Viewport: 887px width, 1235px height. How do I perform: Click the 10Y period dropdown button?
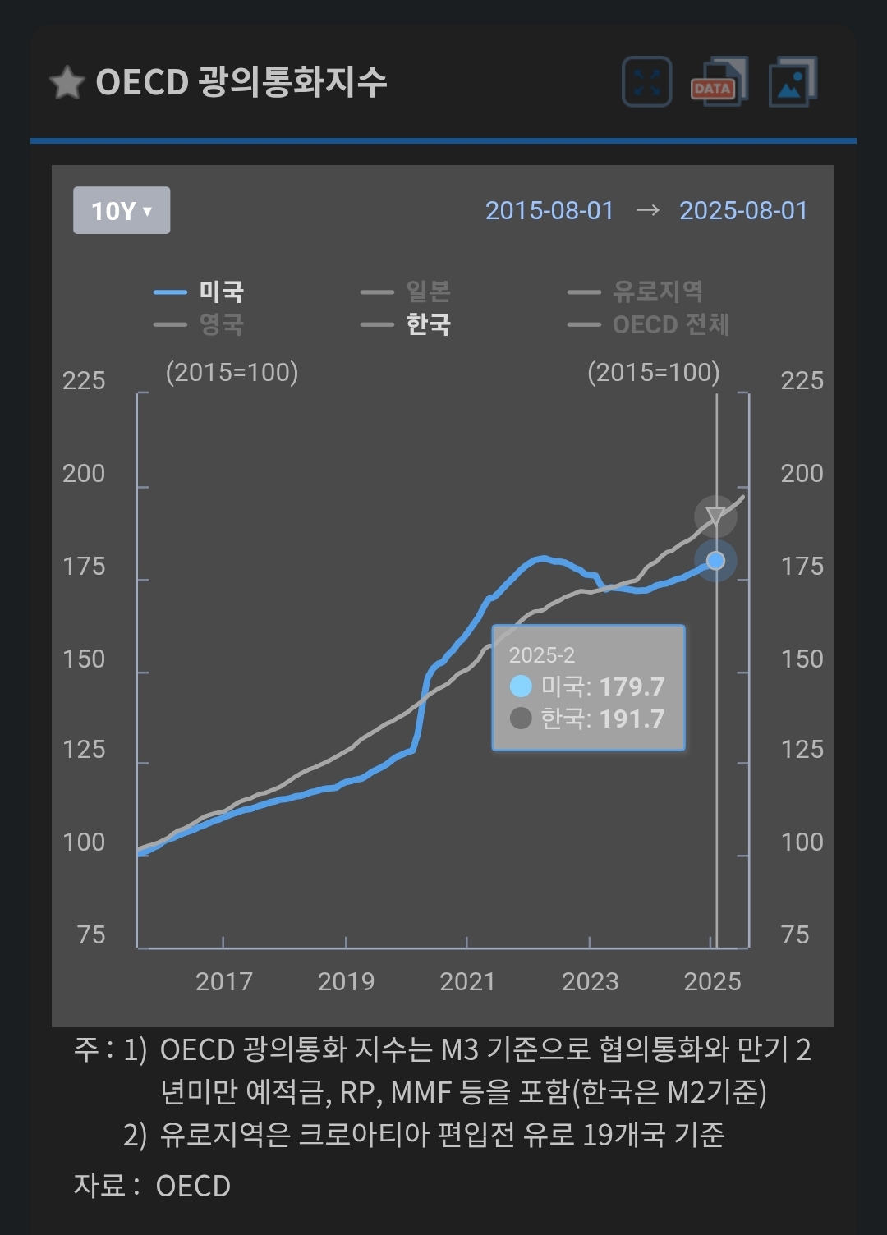[122, 211]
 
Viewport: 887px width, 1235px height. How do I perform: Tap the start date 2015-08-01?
[549, 211]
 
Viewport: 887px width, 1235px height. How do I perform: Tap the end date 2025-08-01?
[743, 211]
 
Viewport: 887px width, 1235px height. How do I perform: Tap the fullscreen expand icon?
[647, 82]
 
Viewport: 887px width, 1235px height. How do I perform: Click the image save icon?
[792, 82]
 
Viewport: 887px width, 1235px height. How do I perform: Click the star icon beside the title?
[67, 83]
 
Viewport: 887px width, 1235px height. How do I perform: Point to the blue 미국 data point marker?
[715, 561]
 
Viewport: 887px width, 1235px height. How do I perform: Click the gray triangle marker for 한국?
[715, 516]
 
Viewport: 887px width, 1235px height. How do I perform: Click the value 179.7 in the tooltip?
[632, 686]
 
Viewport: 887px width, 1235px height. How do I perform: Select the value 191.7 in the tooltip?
[632, 719]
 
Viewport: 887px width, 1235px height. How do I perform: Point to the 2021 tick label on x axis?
[467, 981]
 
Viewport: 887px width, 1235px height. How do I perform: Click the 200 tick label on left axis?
[84, 474]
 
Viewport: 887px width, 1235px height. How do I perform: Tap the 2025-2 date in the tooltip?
[542, 655]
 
